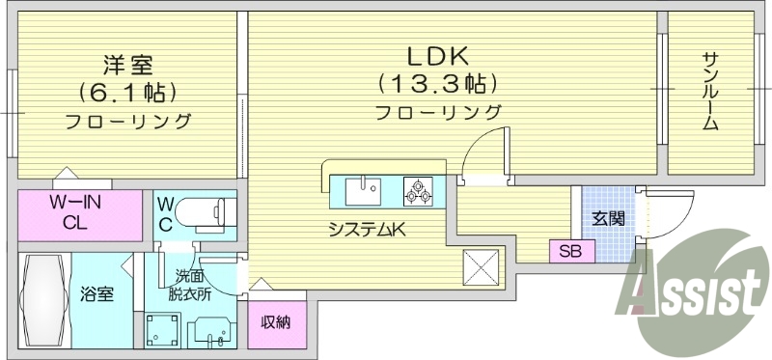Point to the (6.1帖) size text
pos(126,94)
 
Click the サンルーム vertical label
pos(709,92)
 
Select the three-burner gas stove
pos(419,190)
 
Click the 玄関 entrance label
pos(608,218)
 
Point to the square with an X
pos(482,266)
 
